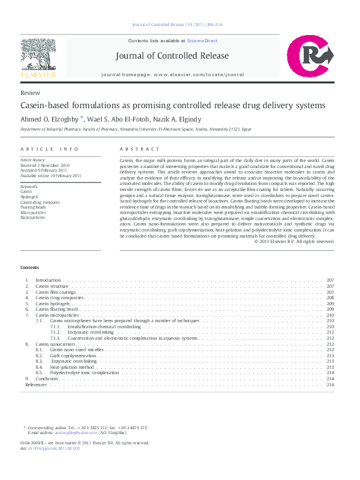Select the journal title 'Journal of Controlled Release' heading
click(x=172, y=56)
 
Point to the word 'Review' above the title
click(x=30, y=93)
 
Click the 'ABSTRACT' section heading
click(x=140, y=149)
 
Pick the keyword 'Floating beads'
click(x=33, y=207)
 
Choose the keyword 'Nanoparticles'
click(x=33, y=218)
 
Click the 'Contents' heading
click(x=30, y=267)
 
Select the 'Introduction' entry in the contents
click(x=48, y=281)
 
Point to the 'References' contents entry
click(x=36, y=384)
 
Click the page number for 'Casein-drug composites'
click(x=330, y=298)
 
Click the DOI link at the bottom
click(x=53, y=449)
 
